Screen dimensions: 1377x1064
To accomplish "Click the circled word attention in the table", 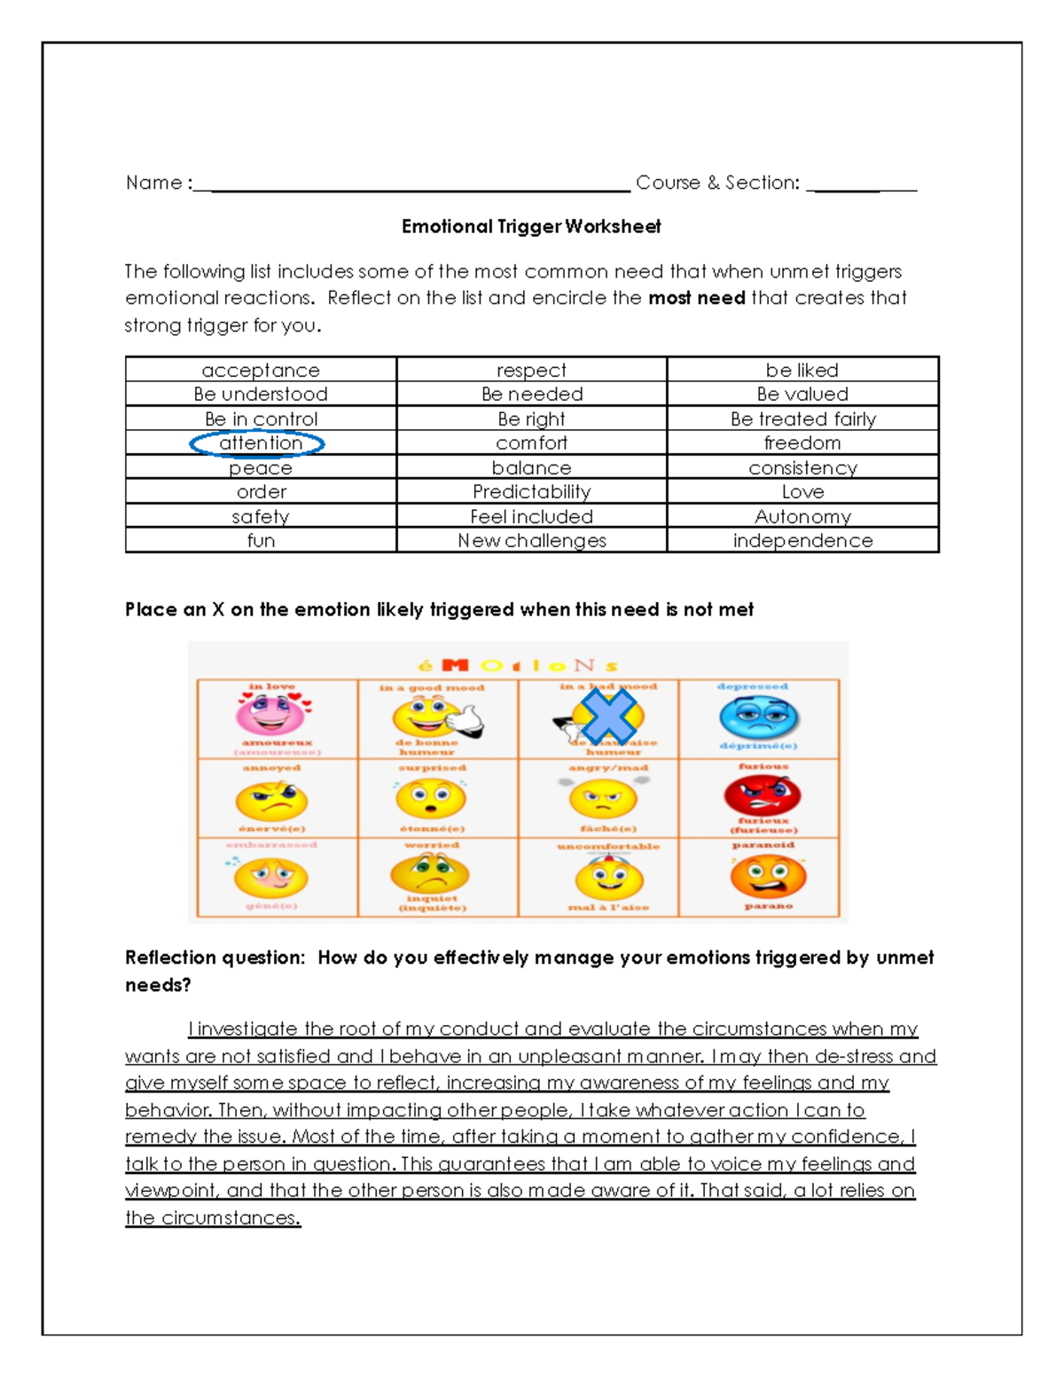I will (259, 442).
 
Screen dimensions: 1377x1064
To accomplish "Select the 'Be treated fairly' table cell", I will (802, 419).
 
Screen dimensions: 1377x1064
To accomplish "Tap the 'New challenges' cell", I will (531, 540).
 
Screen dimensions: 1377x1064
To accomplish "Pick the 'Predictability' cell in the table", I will (531, 491).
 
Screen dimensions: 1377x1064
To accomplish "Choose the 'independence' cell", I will (802, 540).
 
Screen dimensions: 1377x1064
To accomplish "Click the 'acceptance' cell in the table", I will (260, 370).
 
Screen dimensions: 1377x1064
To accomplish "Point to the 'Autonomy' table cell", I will (802, 516).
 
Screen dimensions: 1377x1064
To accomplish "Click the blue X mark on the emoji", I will (608, 715).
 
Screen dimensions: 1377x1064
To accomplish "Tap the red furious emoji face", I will (762, 794).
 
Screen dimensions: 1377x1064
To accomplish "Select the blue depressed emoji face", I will (759, 717).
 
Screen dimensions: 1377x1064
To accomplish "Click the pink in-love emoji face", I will (271, 714).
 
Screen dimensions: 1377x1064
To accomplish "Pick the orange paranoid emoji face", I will (768, 876).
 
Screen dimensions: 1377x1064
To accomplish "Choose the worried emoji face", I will (430, 874).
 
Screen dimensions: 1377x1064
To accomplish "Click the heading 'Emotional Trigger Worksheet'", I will (530, 226).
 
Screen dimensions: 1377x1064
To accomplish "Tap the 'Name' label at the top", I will (154, 183).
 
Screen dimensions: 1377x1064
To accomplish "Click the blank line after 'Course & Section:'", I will (861, 186).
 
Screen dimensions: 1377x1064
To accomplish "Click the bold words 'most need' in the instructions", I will (696, 298).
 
